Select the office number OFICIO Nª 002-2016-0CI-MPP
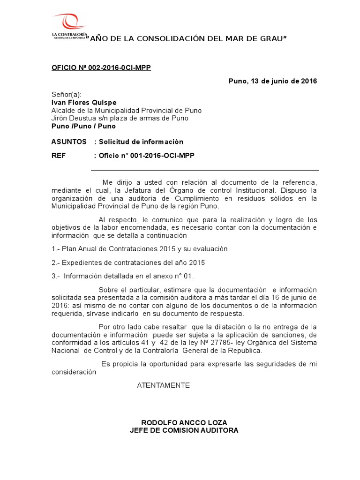pyautogui.click(x=101, y=67)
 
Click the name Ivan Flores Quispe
pyautogui.click(x=84, y=102)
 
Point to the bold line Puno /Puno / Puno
pyautogui.click(x=83, y=126)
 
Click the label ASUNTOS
pyautogui.click(x=69, y=142)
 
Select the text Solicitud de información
pyautogui.click(x=141, y=142)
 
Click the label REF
pyautogui.click(x=59, y=157)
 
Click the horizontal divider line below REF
pyautogui.click(x=204, y=171)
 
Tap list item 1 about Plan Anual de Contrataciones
pyautogui.click(x=141, y=248)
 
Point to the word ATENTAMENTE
pyautogui.click(x=163, y=385)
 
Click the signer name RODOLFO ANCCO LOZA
pyautogui.click(x=184, y=422)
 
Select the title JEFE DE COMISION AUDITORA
pyautogui.click(x=184, y=430)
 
